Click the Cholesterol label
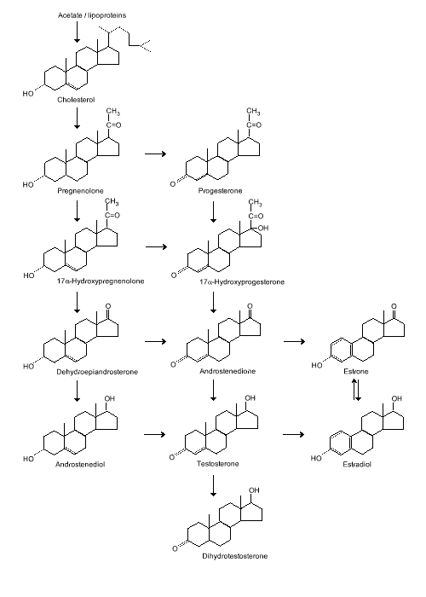pos(76,100)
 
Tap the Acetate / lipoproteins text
pos(92,15)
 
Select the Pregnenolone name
pos(80,190)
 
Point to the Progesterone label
pos(220,190)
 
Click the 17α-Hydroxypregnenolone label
pos(101,281)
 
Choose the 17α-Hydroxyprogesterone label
pos(242,281)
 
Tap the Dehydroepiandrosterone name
pos(97,372)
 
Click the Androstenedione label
pos(227,371)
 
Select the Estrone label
pos(356,371)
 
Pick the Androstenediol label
pos(80,464)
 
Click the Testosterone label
pos(217,463)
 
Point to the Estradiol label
pos(357,464)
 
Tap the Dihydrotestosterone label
pos(234,556)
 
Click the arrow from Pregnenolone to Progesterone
pos(156,154)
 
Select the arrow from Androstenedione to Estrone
pos(295,341)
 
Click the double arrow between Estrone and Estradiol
pos(356,390)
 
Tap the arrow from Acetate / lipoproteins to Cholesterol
pos(77,32)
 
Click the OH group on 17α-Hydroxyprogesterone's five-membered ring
pos(263,228)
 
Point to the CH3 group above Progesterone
pos(253,112)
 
